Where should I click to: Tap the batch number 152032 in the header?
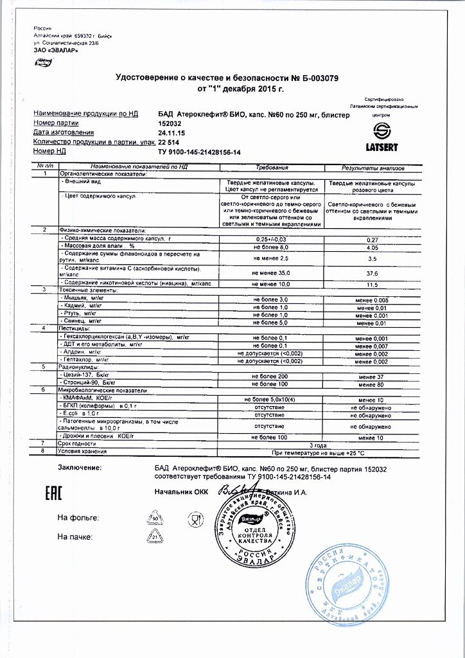pyautogui.click(x=170, y=123)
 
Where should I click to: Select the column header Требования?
pyautogui.click(x=272, y=167)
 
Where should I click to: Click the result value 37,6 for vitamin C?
pyautogui.click(x=373, y=272)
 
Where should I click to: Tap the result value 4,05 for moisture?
pyautogui.click(x=373, y=247)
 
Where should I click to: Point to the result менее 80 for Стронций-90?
pyautogui.click(x=373, y=383)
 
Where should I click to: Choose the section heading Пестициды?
pyautogui.click(x=78, y=328)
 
